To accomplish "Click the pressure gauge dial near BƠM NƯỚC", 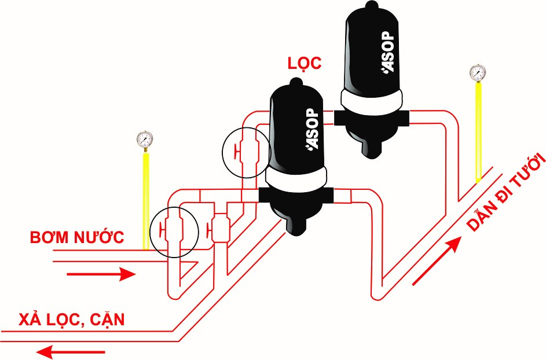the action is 145,139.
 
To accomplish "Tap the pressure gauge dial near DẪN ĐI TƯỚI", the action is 478,73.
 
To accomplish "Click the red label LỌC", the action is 305,63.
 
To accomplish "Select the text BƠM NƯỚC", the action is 76,237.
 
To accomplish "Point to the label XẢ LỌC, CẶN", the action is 71,319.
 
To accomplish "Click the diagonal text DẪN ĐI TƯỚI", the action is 505,192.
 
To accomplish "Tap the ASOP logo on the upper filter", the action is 388,52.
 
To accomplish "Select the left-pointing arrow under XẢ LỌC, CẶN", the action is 71,352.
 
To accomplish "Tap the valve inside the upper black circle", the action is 247,152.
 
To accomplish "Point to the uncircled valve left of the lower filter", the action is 218,228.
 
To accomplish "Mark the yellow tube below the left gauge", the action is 146,200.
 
